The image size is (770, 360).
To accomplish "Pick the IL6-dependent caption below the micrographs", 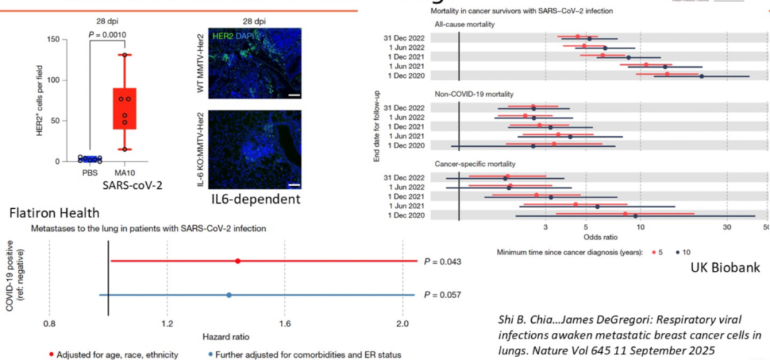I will point(256,199).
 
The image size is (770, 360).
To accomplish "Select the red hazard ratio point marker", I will point(237,261).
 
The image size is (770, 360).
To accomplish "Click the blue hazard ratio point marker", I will point(229,294).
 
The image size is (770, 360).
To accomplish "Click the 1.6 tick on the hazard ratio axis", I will point(284,324).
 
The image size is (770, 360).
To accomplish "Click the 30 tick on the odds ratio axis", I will point(727,227).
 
